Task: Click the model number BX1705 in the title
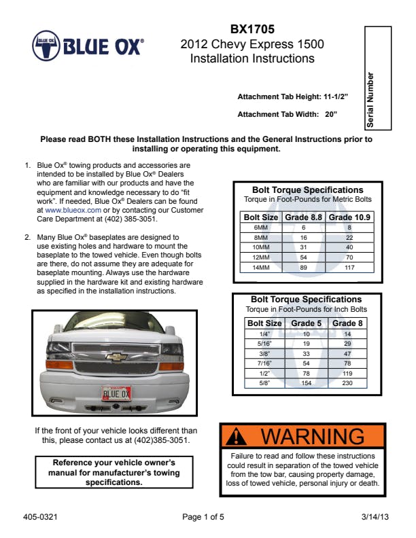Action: click(x=252, y=29)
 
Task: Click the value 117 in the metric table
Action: click(x=350, y=268)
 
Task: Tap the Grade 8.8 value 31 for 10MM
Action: click(x=304, y=247)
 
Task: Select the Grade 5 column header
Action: click(x=307, y=323)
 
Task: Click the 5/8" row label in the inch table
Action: click(x=264, y=383)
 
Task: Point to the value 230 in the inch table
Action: click(x=347, y=383)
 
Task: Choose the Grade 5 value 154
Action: click(x=307, y=383)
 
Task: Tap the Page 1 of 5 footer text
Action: click(x=203, y=517)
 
